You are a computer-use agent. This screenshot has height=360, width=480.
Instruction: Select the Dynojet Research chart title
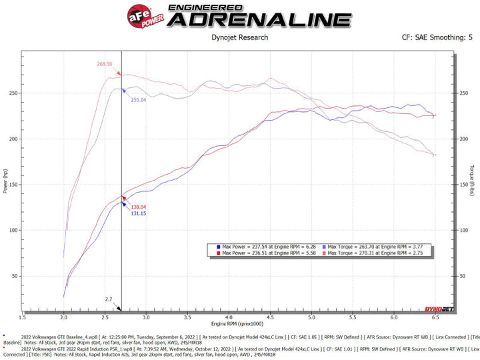(239, 37)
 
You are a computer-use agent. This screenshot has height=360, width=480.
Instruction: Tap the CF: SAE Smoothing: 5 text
(437, 37)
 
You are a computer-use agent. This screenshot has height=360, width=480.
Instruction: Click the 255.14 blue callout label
(137, 100)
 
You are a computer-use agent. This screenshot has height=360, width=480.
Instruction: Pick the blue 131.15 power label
(139, 213)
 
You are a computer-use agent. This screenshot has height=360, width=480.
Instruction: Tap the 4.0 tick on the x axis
(229, 313)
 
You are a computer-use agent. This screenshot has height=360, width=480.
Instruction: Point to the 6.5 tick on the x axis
(435, 313)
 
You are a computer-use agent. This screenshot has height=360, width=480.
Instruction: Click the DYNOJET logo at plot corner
(437, 308)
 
